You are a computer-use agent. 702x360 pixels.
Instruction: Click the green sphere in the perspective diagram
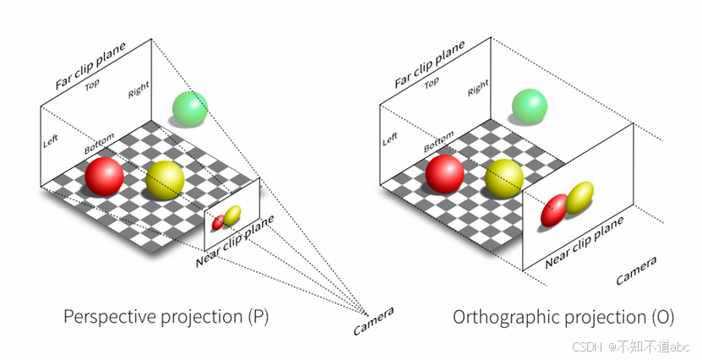point(189,107)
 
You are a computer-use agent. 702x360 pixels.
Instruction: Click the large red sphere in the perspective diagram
point(105,177)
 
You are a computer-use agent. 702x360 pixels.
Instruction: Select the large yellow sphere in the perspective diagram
point(165,178)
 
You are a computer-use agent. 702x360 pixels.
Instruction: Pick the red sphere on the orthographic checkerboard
point(444,172)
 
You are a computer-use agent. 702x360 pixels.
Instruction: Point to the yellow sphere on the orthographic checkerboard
point(504,176)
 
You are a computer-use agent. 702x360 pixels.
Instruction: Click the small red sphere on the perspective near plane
point(219,222)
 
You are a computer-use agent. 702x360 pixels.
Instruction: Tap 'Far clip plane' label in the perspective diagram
point(90,65)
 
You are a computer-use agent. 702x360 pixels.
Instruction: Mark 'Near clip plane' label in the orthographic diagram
point(584,242)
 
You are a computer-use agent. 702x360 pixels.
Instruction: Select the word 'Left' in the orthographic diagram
point(389,137)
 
